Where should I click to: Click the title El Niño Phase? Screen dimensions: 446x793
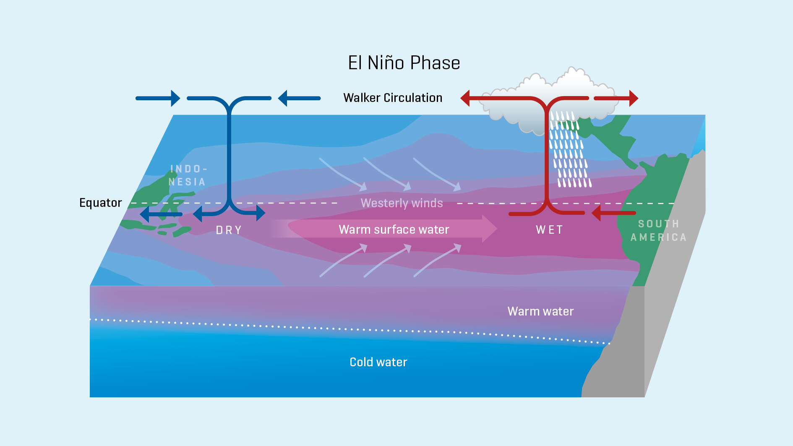click(x=404, y=63)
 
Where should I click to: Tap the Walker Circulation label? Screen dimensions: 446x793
click(x=393, y=98)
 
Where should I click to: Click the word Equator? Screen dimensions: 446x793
click(x=100, y=203)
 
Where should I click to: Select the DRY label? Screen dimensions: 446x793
click(x=229, y=230)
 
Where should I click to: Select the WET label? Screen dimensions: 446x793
click(x=549, y=230)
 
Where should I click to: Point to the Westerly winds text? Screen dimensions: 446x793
click(x=402, y=203)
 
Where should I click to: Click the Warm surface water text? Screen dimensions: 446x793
click(x=394, y=230)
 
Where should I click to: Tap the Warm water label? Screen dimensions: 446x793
click(x=540, y=311)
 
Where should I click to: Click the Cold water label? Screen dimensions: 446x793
click(x=378, y=362)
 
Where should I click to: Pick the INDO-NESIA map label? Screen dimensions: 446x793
click(x=187, y=175)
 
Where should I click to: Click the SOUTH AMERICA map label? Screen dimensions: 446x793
click(x=658, y=230)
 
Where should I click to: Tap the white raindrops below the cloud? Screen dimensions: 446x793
click(x=570, y=155)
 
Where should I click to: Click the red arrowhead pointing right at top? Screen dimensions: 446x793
click(x=633, y=98)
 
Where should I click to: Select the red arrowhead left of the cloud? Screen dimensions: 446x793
click(x=465, y=98)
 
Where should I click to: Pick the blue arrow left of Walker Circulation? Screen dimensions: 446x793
click(x=299, y=98)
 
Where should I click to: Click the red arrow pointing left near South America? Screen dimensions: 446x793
click(x=613, y=213)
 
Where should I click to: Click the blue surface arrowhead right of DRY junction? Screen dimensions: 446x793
click(x=260, y=213)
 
